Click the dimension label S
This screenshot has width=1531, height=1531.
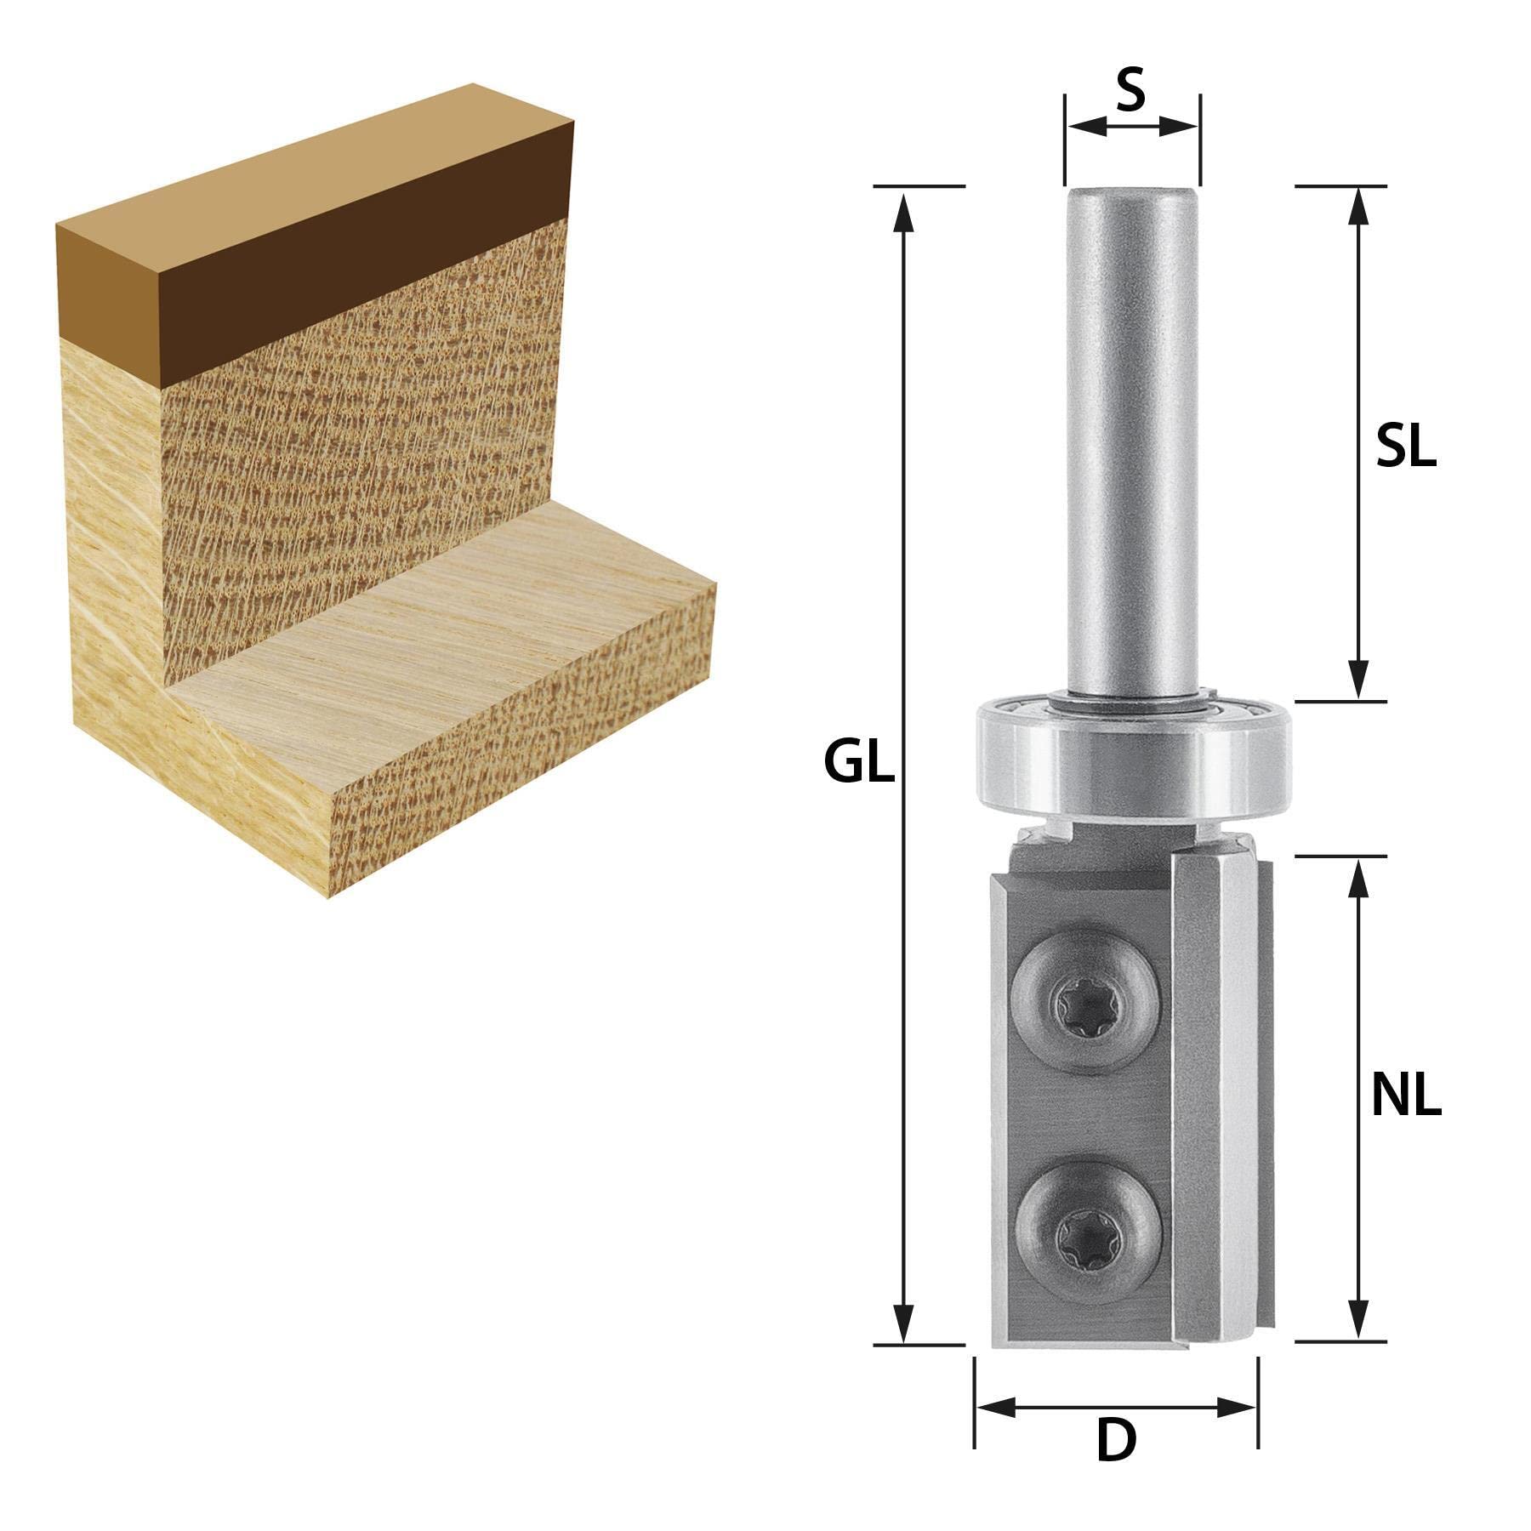coord(1130,92)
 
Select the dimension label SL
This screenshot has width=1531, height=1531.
coord(1406,447)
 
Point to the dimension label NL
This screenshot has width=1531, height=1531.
coord(1407,1098)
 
